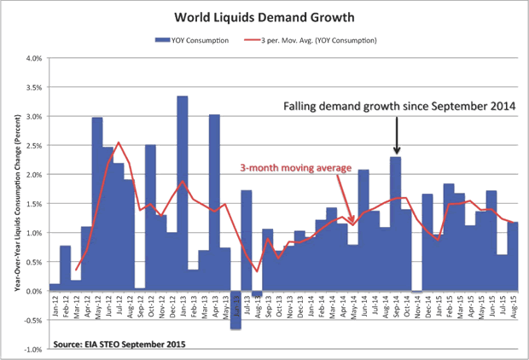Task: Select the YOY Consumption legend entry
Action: (x=193, y=40)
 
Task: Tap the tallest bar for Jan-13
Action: (x=183, y=193)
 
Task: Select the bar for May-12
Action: (x=97, y=204)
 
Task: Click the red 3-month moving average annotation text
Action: (x=295, y=167)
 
